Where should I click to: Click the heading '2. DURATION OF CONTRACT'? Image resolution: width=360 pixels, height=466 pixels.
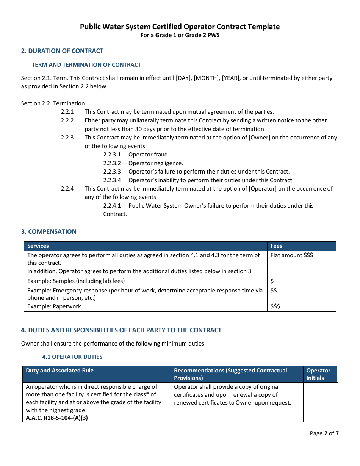(x=62, y=51)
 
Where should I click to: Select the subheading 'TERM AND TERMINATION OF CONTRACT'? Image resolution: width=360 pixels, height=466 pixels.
(x=86, y=65)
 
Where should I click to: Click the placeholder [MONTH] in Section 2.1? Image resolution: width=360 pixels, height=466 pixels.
(x=207, y=78)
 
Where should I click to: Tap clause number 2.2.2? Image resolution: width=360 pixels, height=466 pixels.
(x=67, y=120)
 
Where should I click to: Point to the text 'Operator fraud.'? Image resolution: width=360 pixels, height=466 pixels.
(x=149, y=155)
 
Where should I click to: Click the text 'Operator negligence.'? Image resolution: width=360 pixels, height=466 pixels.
(x=155, y=163)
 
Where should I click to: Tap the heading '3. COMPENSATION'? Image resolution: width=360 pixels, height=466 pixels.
(x=49, y=231)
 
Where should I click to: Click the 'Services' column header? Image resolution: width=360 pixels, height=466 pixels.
(x=38, y=246)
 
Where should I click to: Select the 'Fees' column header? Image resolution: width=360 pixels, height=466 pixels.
(x=276, y=246)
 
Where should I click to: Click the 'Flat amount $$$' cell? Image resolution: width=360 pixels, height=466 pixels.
(x=291, y=255)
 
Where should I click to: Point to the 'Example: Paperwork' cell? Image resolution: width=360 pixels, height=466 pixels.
(x=54, y=306)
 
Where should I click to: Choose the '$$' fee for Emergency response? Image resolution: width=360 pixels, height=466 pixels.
(x=274, y=290)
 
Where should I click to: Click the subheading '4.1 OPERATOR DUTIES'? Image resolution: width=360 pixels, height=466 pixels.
(x=72, y=357)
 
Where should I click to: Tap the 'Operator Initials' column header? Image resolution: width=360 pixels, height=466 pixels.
(x=318, y=374)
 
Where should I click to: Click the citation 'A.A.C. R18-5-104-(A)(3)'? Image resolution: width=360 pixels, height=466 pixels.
(x=57, y=418)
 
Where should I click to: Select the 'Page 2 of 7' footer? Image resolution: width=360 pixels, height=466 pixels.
(x=324, y=433)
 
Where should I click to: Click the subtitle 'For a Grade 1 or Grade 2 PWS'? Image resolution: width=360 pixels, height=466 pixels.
(x=180, y=35)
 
